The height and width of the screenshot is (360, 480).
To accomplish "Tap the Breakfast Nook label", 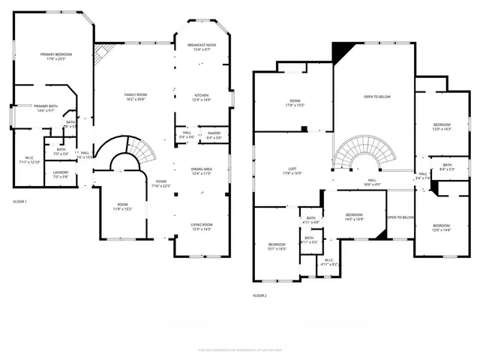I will [202, 46].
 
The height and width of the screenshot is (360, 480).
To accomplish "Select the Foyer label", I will [161, 181].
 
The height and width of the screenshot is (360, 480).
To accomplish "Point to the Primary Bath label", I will [46, 106].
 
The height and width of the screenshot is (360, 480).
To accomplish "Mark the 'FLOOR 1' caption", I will [20, 202].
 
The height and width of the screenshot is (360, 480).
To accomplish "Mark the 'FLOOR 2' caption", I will [259, 295].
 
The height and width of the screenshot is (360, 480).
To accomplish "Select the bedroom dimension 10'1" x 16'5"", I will [277, 249].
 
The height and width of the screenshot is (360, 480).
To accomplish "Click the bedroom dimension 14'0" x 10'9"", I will [355, 218].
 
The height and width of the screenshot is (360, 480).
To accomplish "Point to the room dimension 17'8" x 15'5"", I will [295, 105].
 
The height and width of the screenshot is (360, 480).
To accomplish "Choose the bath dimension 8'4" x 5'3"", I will [446, 169].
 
